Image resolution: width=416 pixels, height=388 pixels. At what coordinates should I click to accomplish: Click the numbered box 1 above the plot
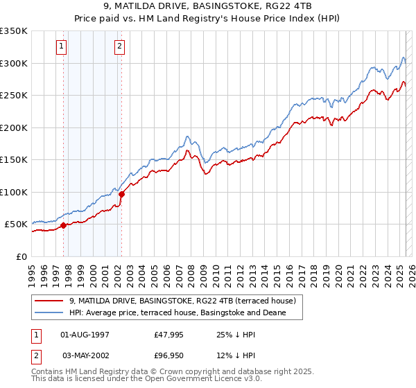tap(62, 46)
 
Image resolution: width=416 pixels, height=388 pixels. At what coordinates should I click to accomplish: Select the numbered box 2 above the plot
tap(119, 46)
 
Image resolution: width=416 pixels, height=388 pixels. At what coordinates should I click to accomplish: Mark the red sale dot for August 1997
tap(63, 225)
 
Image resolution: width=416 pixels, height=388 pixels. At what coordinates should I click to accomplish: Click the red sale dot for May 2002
tap(121, 194)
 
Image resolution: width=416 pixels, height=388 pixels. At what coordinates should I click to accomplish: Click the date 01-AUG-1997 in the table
tap(85, 335)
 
